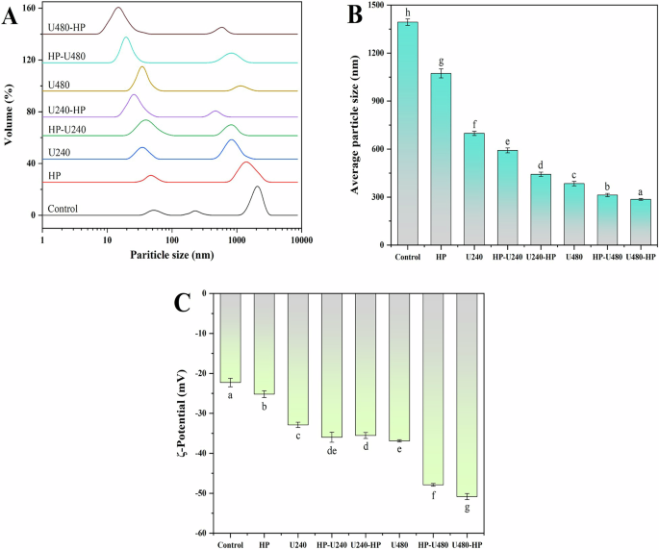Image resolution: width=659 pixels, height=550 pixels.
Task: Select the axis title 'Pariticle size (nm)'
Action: [x=171, y=257]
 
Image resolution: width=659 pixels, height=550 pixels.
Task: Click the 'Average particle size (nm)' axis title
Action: [x=355, y=125]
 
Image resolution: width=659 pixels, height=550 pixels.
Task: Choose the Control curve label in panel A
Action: [x=62, y=209]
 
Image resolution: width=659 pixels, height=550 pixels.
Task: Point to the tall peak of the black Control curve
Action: [x=257, y=187]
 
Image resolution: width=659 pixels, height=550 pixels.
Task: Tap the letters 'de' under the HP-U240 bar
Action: [x=332, y=449]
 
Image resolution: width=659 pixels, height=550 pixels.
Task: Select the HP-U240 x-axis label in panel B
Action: [x=507, y=257]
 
